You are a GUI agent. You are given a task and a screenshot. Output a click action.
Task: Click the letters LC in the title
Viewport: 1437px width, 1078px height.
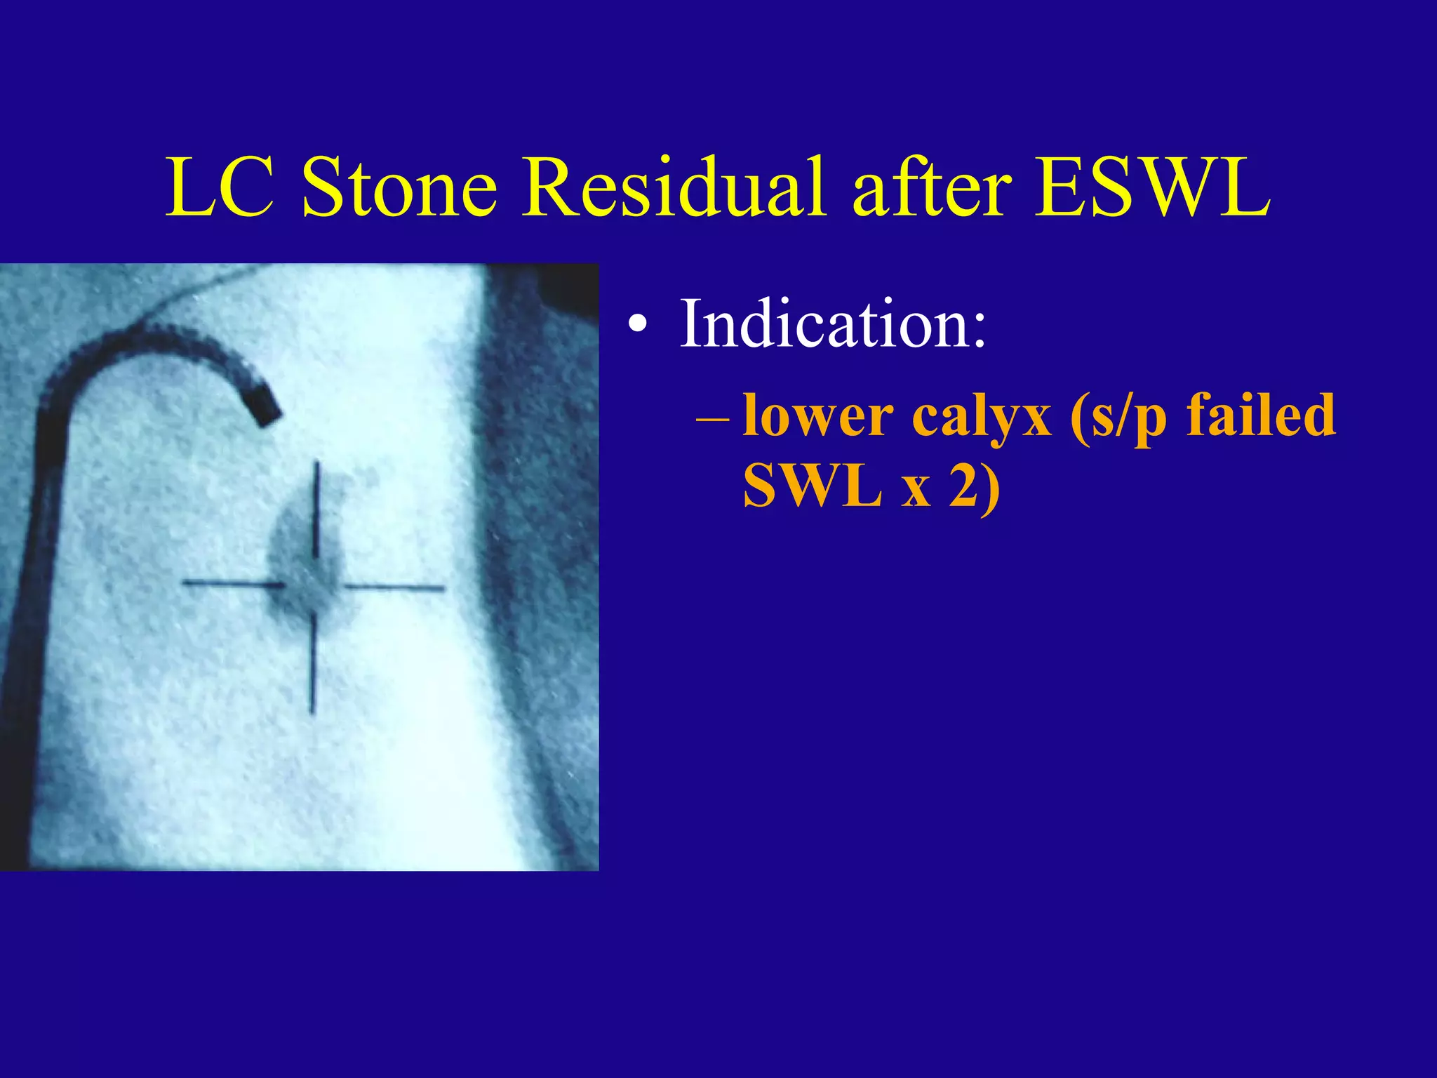tap(220, 188)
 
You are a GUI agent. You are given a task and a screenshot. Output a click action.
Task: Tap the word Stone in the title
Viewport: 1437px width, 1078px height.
tap(399, 188)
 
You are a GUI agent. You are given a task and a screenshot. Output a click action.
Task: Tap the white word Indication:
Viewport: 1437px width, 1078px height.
tap(833, 324)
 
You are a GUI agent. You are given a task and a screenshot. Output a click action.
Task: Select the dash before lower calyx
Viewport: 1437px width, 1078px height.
tap(713, 420)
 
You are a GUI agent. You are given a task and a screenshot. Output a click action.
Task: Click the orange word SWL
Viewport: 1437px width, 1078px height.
tap(813, 486)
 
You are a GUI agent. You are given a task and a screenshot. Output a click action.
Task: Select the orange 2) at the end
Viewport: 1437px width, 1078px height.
tap(975, 487)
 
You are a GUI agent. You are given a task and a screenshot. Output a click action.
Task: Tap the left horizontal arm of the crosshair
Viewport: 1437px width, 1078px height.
tap(232, 583)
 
